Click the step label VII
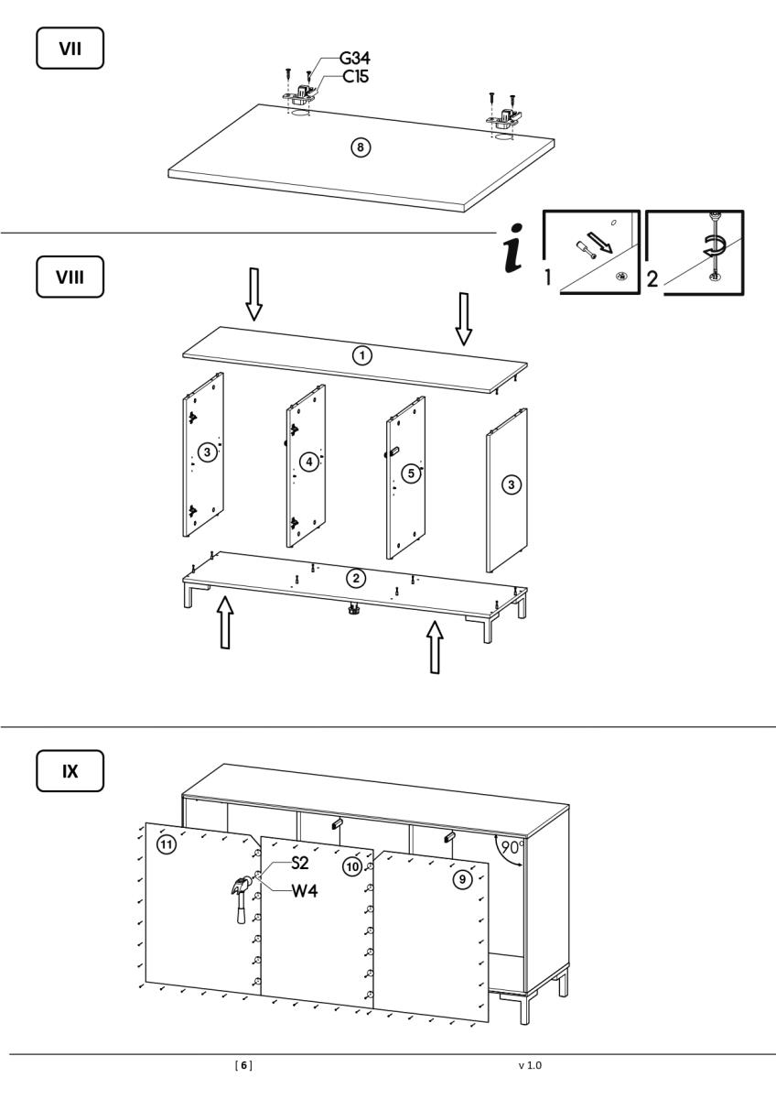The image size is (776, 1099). point(70,48)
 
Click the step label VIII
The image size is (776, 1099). point(70,277)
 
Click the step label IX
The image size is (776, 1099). point(70,771)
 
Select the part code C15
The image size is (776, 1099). point(356,78)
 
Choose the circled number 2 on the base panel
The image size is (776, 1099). point(358,578)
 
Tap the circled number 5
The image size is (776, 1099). point(411,473)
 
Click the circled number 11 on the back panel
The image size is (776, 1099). point(166,845)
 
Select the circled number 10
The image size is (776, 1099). point(351,866)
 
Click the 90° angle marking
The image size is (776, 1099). point(514,847)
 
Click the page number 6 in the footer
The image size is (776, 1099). point(244,1065)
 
